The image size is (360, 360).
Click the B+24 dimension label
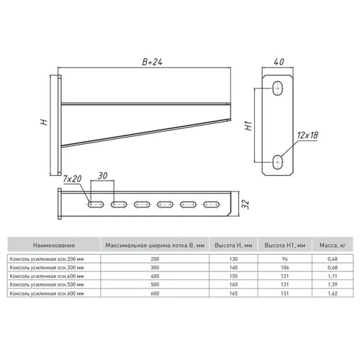152,62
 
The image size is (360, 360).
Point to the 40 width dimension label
279,62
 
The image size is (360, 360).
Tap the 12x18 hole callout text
307,135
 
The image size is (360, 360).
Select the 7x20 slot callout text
72,179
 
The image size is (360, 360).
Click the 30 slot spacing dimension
102,176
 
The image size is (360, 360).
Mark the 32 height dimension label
246,204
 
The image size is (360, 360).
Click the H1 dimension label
248,126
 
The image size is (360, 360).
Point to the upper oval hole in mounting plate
278,89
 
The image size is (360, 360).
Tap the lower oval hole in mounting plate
278,162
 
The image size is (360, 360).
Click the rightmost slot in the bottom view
211,204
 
